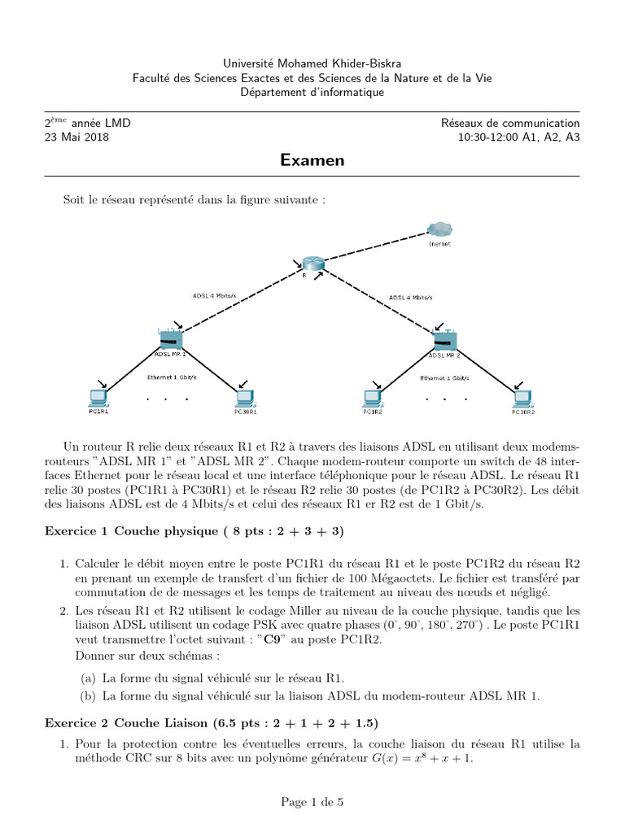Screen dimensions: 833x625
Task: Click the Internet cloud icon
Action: (x=439, y=231)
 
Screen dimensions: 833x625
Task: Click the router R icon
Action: (x=312, y=264)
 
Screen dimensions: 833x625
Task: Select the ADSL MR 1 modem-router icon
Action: (x=171, y=339)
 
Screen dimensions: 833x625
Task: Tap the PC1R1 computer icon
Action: (x=98, y=398)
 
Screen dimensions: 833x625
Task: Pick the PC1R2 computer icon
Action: (x=373, y=398)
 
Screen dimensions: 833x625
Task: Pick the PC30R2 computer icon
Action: (x=522, y=398)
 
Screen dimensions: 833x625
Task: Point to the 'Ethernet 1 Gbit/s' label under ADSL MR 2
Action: (x=444, y=377)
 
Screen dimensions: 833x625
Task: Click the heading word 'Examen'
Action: (x=312, y=160)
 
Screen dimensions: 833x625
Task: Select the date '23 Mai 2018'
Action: (x=76, y=137)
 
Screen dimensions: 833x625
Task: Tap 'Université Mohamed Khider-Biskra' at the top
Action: (x=312, y=63)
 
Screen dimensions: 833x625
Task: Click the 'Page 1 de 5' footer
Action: (x=312, y=802)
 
